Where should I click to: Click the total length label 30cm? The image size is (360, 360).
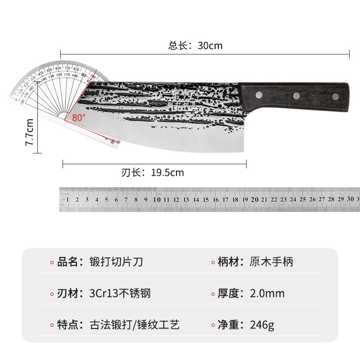pyautogui.click(x=196, y=45)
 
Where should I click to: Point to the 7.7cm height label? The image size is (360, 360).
pyautogui.click(x=29, y=132)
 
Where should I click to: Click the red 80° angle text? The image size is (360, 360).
pyautogui.click(x=78, y=117)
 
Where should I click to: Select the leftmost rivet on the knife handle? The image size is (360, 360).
pyautogui.click(x=259, y=94)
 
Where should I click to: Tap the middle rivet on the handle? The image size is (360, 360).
pyautogui.click(x=297, y=95)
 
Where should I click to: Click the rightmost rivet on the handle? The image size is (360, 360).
pyautogui.click(x=335, y=96)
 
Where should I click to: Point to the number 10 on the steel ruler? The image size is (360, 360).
pyautogui.click(x=156, y=199)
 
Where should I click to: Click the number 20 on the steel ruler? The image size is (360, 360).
pyautogui.click(x=254, y=199)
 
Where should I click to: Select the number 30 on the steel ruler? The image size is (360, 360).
pyautogui.click(x=350, y=199)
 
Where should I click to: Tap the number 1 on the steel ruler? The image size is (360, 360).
pyautogui.click(x=67, y=199)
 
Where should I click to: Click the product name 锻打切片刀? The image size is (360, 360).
pyautogui.click(x=117, y=262)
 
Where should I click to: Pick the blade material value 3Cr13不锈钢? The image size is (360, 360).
pyautogui.click(x=120, y=293)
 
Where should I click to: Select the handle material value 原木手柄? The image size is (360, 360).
pyautogui.click(x=271, y=262)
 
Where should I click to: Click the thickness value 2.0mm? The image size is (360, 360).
pyautogui.click(x=267, y=293)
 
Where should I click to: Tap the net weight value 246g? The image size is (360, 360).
pyautogui.click(x=262, y=325)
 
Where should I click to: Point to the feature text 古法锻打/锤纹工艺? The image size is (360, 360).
pyautogui.click(x=135, y=325)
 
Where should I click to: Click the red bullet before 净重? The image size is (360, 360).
pyautogui.click(x=213, y=325)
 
